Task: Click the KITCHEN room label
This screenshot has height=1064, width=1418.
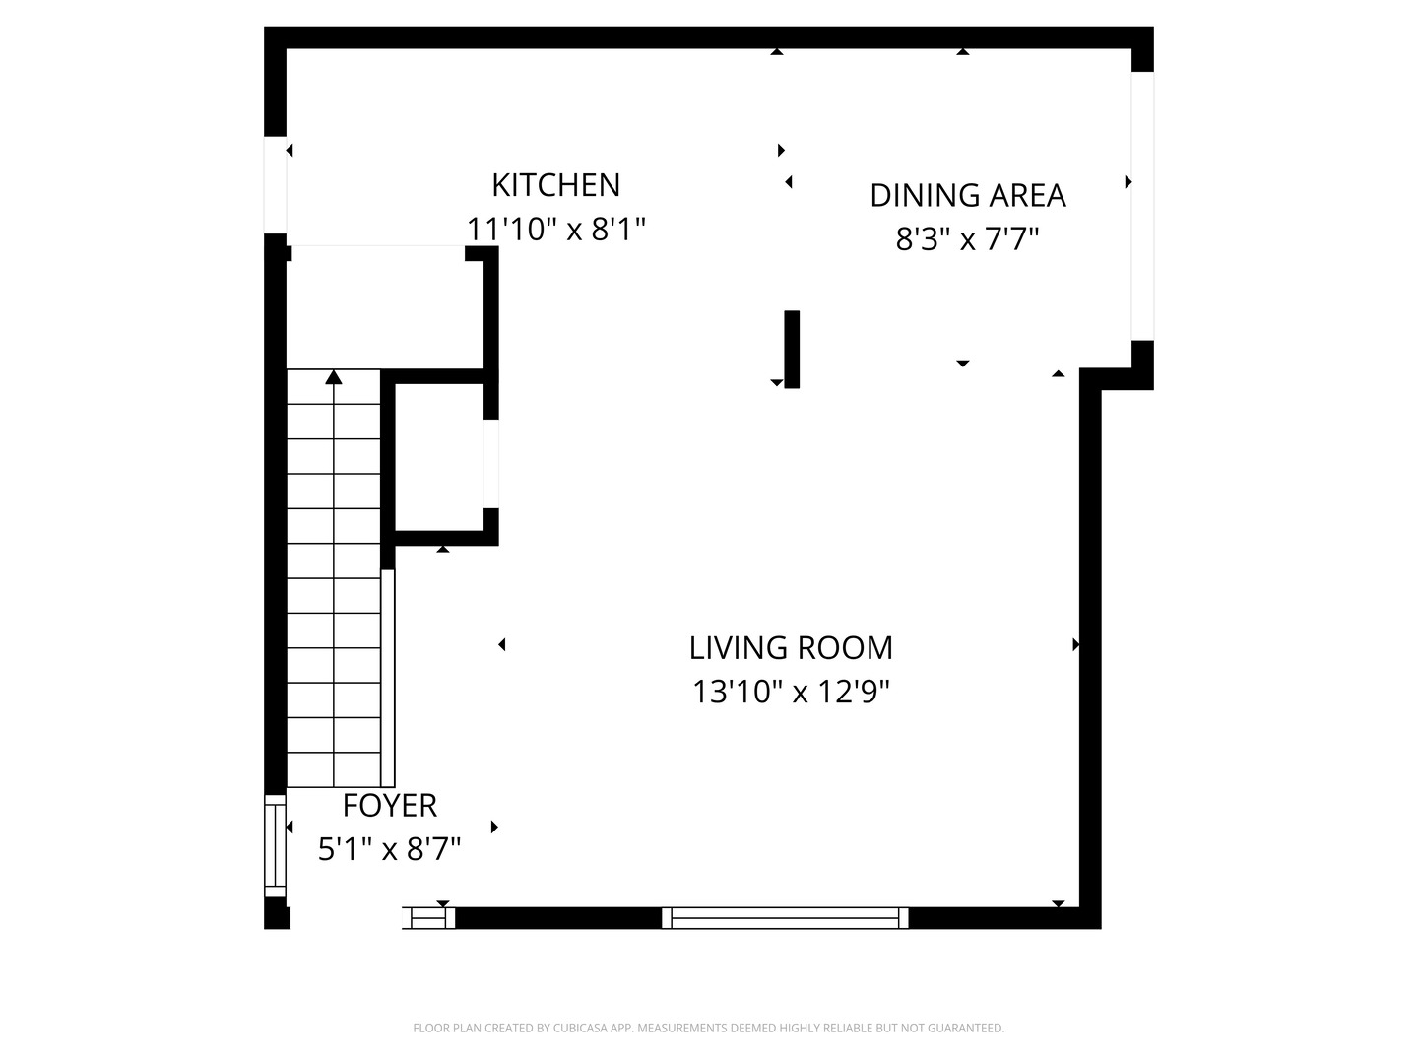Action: coord(555,185)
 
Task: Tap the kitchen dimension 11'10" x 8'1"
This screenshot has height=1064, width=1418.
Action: coord(555,229)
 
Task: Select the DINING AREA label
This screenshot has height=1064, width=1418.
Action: coord(967,196)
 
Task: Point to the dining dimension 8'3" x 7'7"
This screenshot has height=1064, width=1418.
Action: coord(967,239)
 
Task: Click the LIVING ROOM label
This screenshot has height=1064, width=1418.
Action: coord(791,648)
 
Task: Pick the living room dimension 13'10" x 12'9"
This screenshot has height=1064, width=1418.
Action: coord(791,692)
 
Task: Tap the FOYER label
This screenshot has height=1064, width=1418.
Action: coord(390,806)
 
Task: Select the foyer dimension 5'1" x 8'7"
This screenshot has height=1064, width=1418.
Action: coord(390,849)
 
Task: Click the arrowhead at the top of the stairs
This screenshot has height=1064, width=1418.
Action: coord(334,376)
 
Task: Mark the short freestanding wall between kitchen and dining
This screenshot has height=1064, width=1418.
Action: coord(792,350)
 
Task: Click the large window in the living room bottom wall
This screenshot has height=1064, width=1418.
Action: coord(785,918)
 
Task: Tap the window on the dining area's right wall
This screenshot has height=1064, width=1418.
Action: coord(1142,206)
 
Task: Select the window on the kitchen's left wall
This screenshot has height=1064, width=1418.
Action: coord(275,185)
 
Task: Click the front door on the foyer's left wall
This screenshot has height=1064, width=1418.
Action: coord(275,845)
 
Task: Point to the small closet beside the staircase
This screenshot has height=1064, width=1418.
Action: coord(438,457)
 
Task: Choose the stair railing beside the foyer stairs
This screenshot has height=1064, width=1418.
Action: coord(388,679)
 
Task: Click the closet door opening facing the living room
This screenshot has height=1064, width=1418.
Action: coord(491,464)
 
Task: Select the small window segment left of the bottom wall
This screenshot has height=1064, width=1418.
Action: coord(428,918)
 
